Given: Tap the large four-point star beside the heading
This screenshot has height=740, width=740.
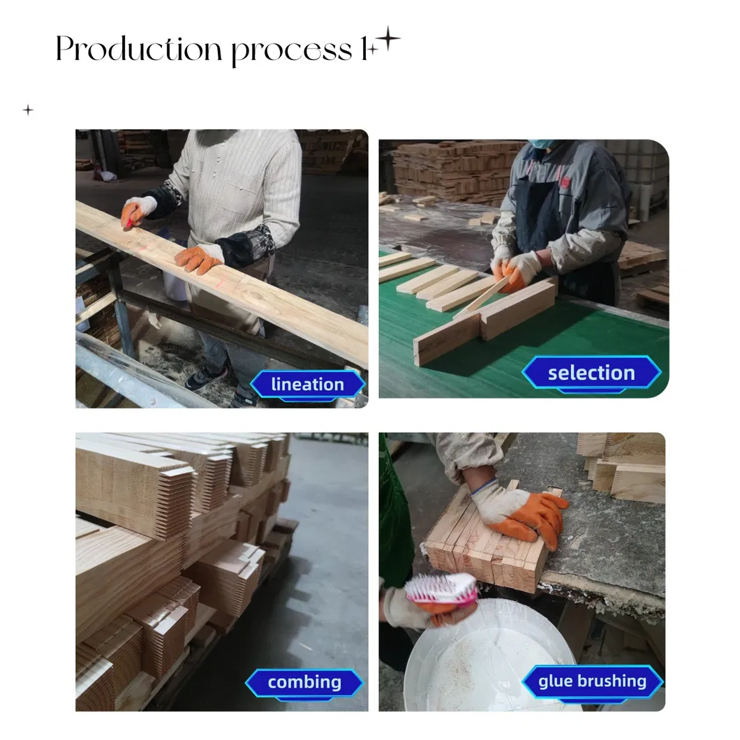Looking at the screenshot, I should tap(387, 40).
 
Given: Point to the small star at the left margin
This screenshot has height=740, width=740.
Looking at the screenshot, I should tap(28, 110).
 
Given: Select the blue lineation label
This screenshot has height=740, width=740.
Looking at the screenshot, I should tap(307, 385).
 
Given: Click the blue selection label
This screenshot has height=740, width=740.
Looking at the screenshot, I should tap(591, 373).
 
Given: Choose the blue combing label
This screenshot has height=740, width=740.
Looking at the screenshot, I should tap(304, 682).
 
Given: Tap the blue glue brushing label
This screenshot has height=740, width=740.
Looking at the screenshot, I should tap(592, 681).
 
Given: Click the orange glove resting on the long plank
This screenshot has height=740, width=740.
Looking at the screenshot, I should tap(198, 259).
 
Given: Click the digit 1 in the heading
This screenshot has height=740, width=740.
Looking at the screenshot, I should tap(364, 50).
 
